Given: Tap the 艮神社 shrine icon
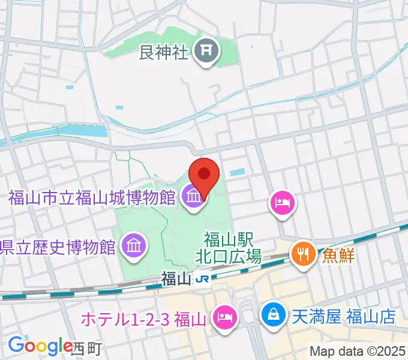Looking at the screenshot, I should click(x=208, y=53).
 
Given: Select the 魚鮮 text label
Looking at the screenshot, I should click(x=337, y=255).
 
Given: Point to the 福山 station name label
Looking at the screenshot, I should click(x=176, y=278).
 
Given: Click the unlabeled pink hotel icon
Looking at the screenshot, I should click(x=281, y=202).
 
